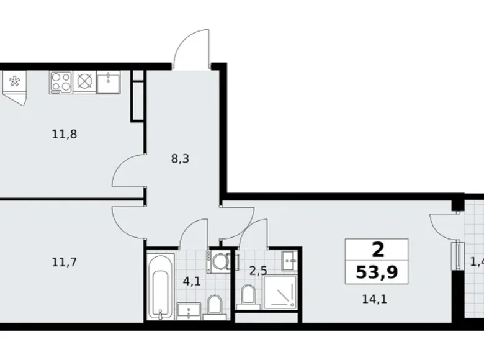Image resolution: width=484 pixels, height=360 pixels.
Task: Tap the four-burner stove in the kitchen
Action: [61, 81]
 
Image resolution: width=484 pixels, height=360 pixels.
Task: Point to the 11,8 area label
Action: [65, 133]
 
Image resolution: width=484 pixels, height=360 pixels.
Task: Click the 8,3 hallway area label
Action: [180, 158]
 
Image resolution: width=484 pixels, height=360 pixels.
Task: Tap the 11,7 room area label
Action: [65, 262]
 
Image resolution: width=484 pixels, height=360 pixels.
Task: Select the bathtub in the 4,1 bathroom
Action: [160, 285]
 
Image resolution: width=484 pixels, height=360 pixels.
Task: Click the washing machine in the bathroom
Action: [218, 261]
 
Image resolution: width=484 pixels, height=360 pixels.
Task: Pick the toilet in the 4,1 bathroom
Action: [215, 304]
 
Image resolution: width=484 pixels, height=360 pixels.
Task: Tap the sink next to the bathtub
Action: [188, 310]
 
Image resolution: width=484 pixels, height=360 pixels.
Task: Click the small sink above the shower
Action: [289, 258]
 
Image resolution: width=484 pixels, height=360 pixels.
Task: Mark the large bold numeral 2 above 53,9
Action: [377, 250]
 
